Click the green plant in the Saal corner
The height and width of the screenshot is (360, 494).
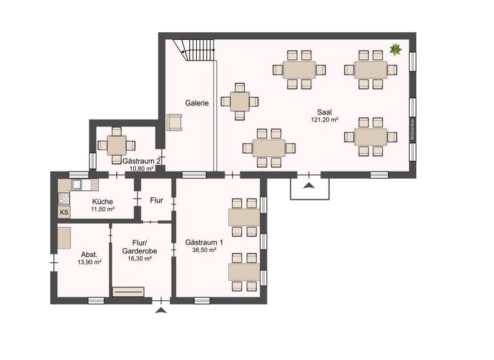pyautogui.click(x=396, y=49)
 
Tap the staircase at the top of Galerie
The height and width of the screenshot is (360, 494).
pyautogui.click(x=192, y=50)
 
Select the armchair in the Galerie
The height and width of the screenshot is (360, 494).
pyautogui.click(x=174, y=122)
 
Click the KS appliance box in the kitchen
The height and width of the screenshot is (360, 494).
pyautogui.click(x=64, y=212)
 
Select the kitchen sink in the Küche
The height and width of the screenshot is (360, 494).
pyautogui.click(x=77, y=184)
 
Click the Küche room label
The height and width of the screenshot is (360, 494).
pyautogui.click(x=102, y=201)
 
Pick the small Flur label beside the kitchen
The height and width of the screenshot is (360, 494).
pyautogui.click(x=156, y=200)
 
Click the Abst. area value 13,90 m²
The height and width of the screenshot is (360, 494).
pyautogui.click(x=89, y=262)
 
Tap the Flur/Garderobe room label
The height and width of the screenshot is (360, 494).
pyautogui.click(x=140, y=247)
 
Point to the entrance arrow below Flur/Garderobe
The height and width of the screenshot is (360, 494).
pyautogui.click(x=161, y=310)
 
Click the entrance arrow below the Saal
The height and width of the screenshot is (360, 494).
pyautogui.click(x=309, y=186)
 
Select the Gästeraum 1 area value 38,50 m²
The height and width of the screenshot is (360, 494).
pyautogui.click(x=205, y=250)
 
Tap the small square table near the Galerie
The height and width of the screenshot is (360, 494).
pyautogui.click(x=239, y=101)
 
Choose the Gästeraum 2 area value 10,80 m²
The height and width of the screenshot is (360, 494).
pyautogui.click(x=142, y=168)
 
